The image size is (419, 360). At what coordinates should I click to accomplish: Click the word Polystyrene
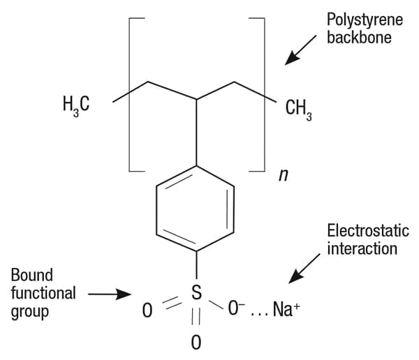point(365,20)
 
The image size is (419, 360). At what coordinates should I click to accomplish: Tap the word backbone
point(359,37)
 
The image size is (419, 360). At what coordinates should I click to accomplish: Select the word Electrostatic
point(368,230)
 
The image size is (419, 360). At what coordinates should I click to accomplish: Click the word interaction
point(362,248)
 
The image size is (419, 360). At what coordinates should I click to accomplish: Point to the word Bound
point(32,275)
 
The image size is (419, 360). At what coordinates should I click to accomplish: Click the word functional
point(43,293)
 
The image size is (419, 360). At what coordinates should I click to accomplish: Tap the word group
point(29,312)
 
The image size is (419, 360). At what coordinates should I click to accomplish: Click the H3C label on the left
point(76,106)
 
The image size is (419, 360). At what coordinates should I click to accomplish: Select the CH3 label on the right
point(299,110)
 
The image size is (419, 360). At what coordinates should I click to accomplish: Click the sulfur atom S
point(196,292)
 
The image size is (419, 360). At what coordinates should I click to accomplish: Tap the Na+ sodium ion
point(286,310)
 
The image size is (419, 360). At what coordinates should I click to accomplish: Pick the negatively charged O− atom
point(236,308)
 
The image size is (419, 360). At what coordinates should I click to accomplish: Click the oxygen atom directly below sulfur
point(196,342)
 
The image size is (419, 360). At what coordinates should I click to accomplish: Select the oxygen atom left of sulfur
point(147,310)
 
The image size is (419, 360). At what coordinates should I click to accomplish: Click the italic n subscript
point(284,176)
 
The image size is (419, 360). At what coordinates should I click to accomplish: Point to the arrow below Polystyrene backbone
point(300,50)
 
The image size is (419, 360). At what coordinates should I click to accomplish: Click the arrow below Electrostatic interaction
point(304,269)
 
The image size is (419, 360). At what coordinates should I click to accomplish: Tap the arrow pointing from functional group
point(110,294)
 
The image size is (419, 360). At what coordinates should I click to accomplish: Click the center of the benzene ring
point(196,209)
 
